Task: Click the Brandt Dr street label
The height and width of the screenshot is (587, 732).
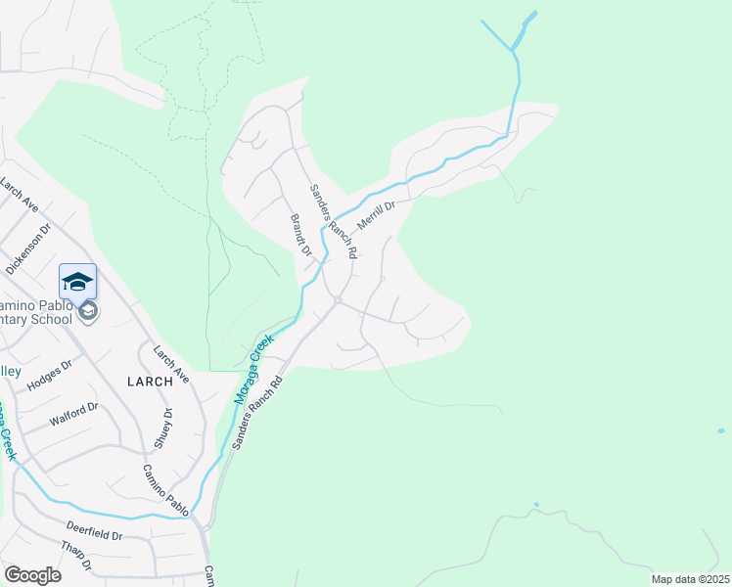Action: (x=299, y=235)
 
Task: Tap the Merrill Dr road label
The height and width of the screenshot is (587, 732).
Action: (x=375, y=215)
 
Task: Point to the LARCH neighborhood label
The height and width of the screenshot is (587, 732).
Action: (x=149, y=382)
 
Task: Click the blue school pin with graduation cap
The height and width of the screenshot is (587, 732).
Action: (x=77, y=282)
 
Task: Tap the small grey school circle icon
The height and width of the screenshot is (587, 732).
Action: (x=88, y=311)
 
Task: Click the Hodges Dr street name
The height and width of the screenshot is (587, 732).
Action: (x=50, y=376)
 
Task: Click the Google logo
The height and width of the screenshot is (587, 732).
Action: (x=32, y=575)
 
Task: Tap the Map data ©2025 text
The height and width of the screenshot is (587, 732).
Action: (x=690, y=579)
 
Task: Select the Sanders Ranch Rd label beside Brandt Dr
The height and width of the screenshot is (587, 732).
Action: (x=334, y=221)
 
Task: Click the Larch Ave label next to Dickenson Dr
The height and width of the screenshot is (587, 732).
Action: (x=19, y=194)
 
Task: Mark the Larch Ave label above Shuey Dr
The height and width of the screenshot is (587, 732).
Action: (x=170, y=362)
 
